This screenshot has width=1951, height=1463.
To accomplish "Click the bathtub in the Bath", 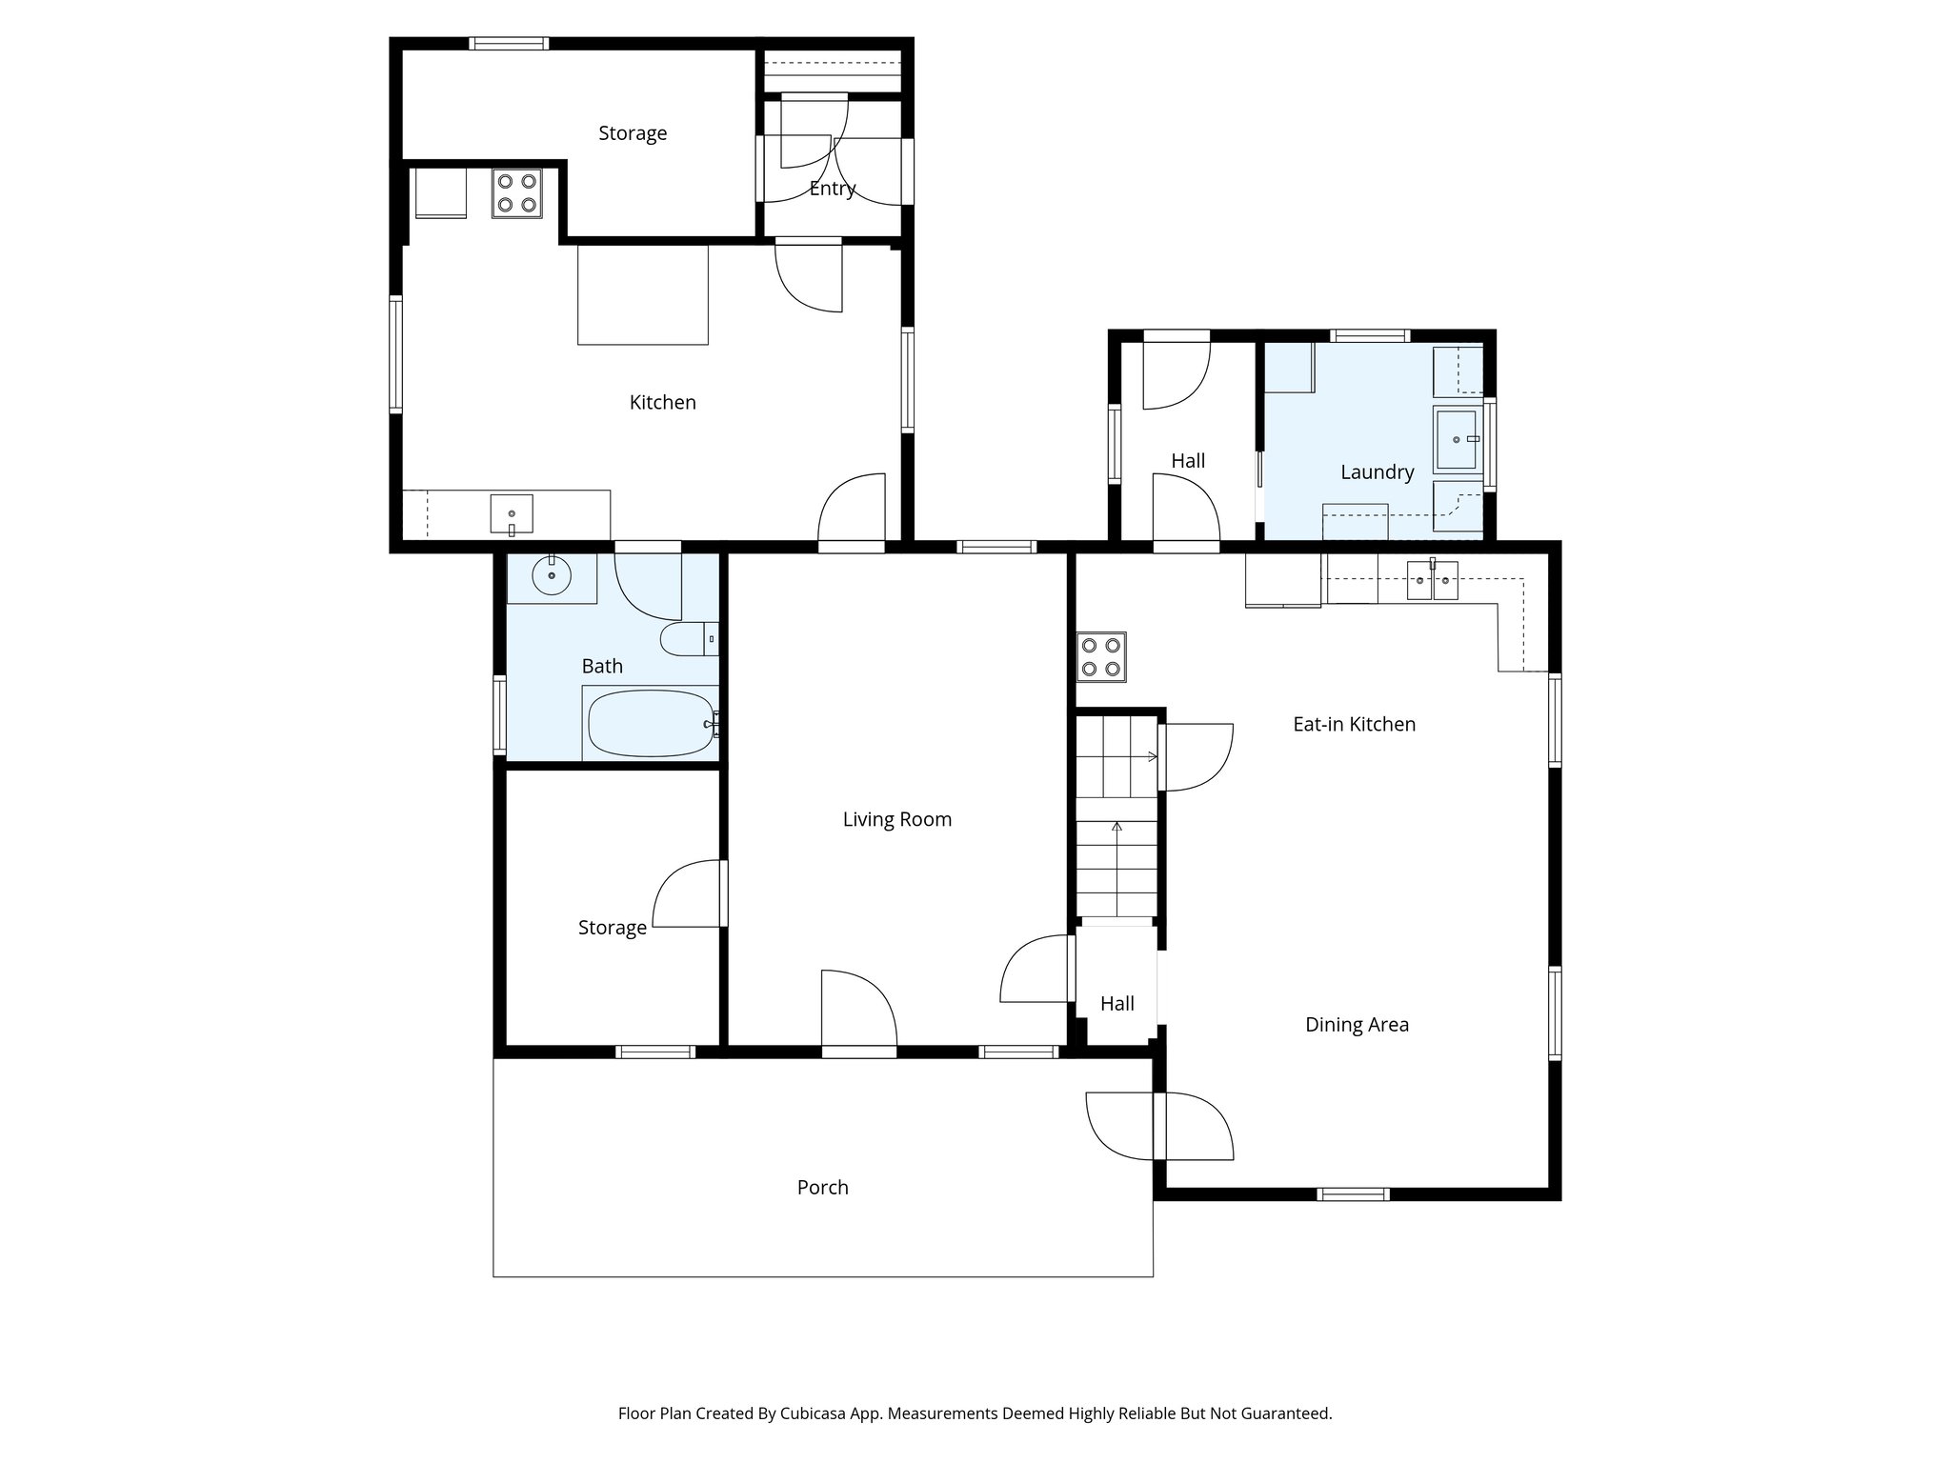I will pyautogui.click(x=651, y=723).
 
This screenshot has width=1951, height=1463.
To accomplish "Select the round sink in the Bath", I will pyautogui.click(x=552, y=575).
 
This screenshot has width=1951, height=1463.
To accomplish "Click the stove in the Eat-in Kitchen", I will pyautogui.click(x=1101, y=657).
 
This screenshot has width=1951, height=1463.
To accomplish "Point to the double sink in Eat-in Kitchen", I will pyautogui.click(x=1433, y=580).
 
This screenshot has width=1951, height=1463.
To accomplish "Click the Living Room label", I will pyautogui.click(x=896, y=819).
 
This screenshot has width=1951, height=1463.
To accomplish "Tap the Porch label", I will pyautogui.click(x=822, y=1187).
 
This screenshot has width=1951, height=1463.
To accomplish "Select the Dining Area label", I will pyautogui.click(x=1357, y=1025).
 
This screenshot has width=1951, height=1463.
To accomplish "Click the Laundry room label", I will pyautogui.click(x=1377, y=471).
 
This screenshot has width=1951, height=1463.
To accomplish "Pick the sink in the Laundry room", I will pyautogui.click(x=1457, y=439).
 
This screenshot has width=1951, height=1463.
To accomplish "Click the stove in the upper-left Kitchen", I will pyautogui.click(x=517, y=193).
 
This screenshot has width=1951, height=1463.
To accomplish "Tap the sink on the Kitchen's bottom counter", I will pyautogui.click(x=512, y=513).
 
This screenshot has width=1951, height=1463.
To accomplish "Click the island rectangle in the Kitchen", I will pyautogui.click(x=642, y=295).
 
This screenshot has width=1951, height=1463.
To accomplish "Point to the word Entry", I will pyautogui.click(x=833, y=189).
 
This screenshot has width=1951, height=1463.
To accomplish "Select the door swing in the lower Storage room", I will pyautogui.click(x=688, y=893).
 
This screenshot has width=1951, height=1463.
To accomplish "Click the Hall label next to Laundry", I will pyautogui.click(x=1188, y=461).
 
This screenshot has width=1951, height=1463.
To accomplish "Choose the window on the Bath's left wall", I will pyautogui.click(x=499, y=714).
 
